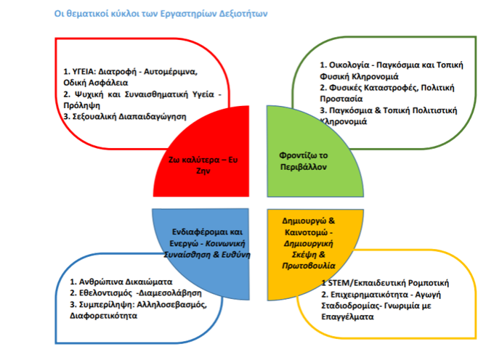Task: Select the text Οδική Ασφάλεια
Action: click(96, 83)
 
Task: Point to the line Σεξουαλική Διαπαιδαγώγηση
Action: click(125, 117)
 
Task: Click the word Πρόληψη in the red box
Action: click(82, 105)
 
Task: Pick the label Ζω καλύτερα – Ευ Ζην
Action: click(203, 165)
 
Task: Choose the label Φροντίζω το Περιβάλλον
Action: click(304, 161)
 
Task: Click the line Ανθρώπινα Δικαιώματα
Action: click(121, 282)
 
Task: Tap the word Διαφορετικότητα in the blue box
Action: click(104, 316)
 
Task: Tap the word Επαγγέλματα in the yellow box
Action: click(347, 317)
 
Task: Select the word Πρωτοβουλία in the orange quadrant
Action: click(309, 266)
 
